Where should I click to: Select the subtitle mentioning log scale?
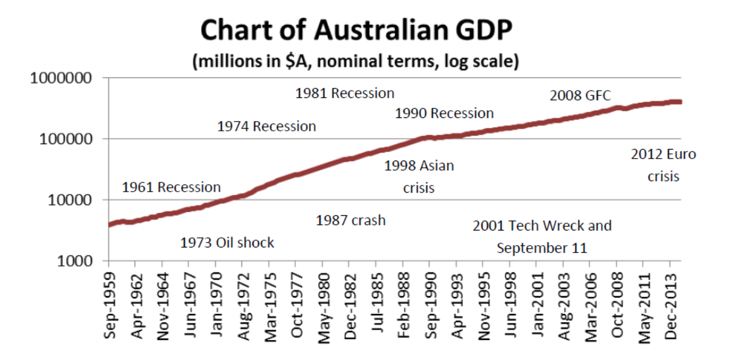pos(356,62)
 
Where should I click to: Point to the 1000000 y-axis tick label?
pos(61,78)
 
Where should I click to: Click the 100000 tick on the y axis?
pos(66,139)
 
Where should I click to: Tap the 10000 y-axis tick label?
pos(69,200)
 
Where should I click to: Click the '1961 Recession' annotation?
pos(171,187)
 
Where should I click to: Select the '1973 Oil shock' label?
pos(227,243)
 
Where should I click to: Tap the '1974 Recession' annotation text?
pos(266,126)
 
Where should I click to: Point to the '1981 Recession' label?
pos(344,93)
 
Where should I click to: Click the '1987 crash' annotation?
pos(350,220)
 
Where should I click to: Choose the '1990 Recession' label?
pos(444,113)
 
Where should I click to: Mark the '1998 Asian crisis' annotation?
pos(419,176)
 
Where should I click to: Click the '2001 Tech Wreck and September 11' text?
pos(541,237)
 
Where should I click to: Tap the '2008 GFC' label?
pos(580,95)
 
